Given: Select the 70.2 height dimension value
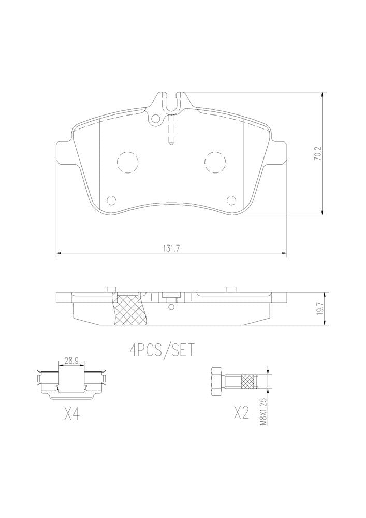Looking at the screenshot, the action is (x=317, y=154).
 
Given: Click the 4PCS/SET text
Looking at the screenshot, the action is (x=162, y=351).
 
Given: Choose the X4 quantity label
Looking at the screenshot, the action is (x=71, y=413).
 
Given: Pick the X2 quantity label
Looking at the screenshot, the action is (x=241, y=413).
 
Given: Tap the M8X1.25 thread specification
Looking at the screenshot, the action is (x=262, y=412).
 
